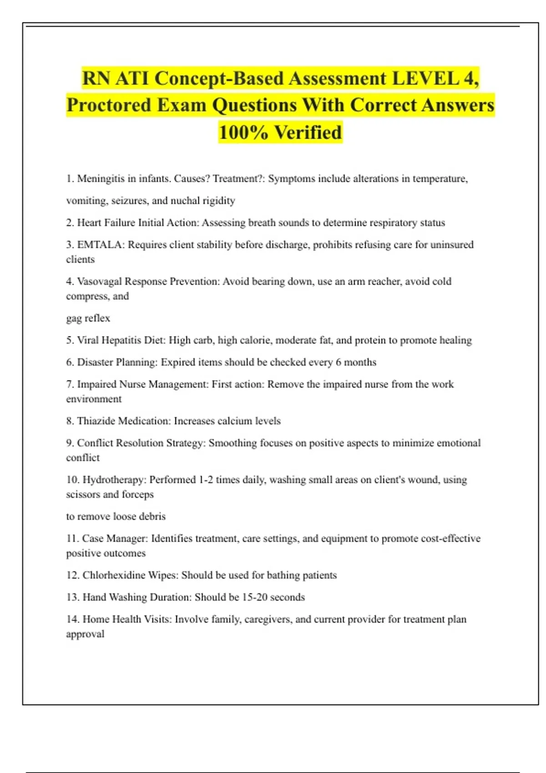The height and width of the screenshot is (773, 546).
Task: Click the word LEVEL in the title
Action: (x=425, y=79)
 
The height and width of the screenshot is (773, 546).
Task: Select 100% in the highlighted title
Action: (x=243, y=133)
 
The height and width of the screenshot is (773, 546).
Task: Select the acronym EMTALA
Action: (x=100, y=245)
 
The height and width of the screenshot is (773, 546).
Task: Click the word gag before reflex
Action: (x=74, y=318)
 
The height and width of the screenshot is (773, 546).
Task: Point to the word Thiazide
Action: (x=96, y=421)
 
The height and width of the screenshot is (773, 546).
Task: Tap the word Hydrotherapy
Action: (x=113, y=480)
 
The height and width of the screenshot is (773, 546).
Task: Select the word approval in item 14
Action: (x=85, y=634)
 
